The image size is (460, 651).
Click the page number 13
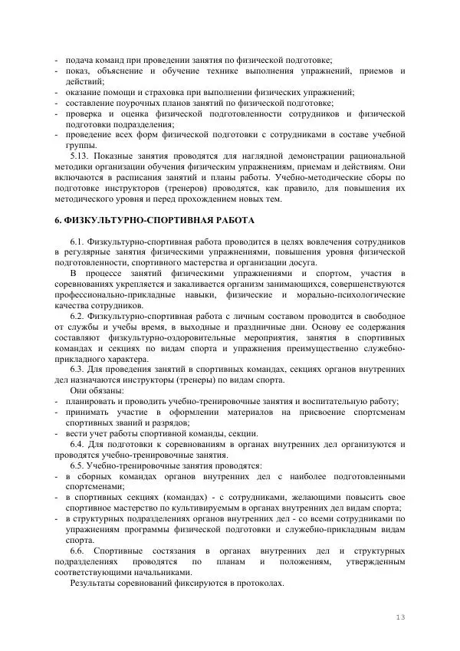(x=399, y=618)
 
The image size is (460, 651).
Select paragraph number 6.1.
(x=79, y=242)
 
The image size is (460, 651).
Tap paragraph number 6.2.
(x=79, y=315)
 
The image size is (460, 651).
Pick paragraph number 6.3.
(x=79, y=369)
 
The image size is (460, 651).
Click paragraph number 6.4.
(x=79, y=443)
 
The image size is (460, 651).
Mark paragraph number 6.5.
(x=79, y=465)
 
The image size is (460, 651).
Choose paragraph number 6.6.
(x=79, y=551)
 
